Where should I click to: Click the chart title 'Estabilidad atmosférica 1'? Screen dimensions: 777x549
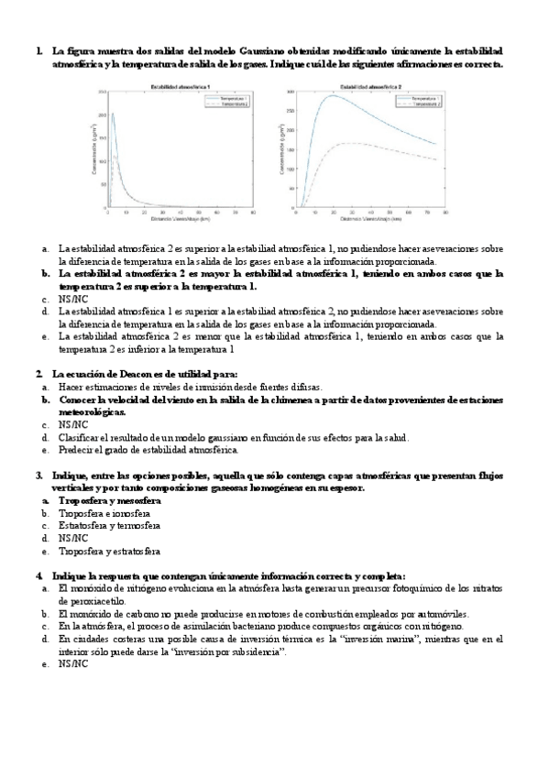[181, 86]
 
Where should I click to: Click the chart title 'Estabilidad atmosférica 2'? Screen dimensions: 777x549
[370, 86]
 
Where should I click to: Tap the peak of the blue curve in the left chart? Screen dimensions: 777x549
[113, 114]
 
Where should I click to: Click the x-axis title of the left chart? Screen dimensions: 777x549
[181, 221]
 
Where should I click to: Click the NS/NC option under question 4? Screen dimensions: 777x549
[73, 664]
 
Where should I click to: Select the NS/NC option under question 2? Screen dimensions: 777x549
[73, 425]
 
